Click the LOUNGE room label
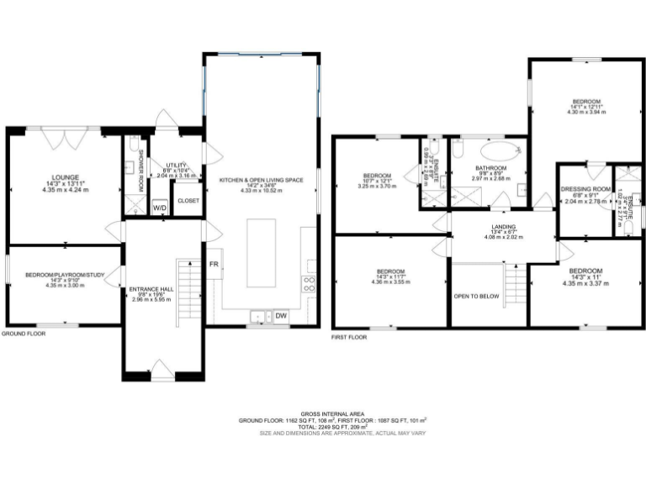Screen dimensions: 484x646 tap(65, 177)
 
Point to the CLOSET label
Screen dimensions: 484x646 tap(188, 201)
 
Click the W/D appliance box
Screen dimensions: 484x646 tap(159, 208)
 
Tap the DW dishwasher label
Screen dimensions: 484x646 tap(281, 316)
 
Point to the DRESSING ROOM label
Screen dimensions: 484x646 tap(585, 189)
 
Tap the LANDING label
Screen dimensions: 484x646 tap(503, 227)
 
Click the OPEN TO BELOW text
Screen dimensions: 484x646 tap(476, 297)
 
